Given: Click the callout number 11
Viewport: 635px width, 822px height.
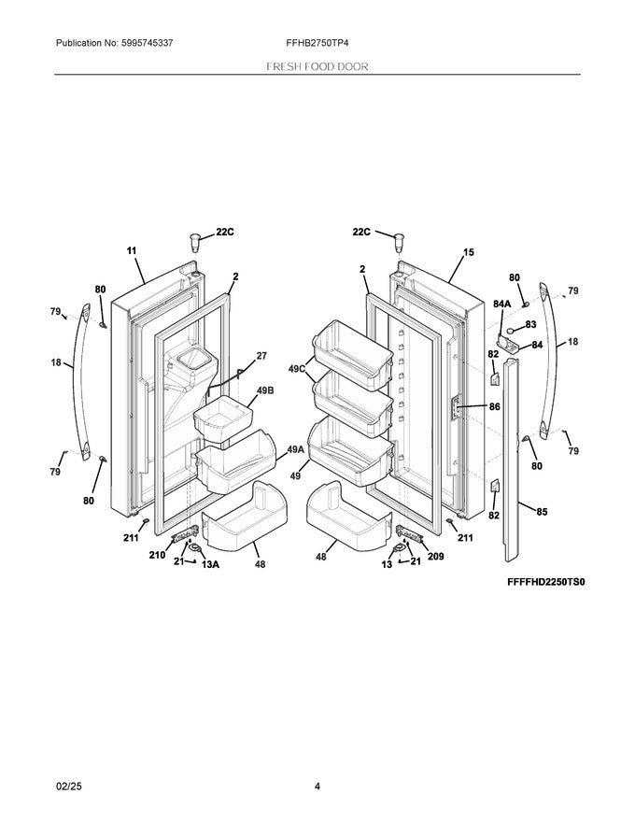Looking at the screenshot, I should tap(131, 251).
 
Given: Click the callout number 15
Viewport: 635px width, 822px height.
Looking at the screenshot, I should tap(468, 251).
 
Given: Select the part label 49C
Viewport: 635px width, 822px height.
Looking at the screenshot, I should tap(297, 369).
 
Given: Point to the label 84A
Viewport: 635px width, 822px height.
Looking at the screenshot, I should tap(501, 304).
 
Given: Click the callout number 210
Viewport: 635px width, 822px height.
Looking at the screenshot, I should tap(158, 555).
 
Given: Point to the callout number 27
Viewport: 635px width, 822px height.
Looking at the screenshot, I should tap(261, 355).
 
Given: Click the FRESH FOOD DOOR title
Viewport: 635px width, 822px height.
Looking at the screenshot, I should tap(317, 67).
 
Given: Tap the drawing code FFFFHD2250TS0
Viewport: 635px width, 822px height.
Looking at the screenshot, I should tap(551, 581).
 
